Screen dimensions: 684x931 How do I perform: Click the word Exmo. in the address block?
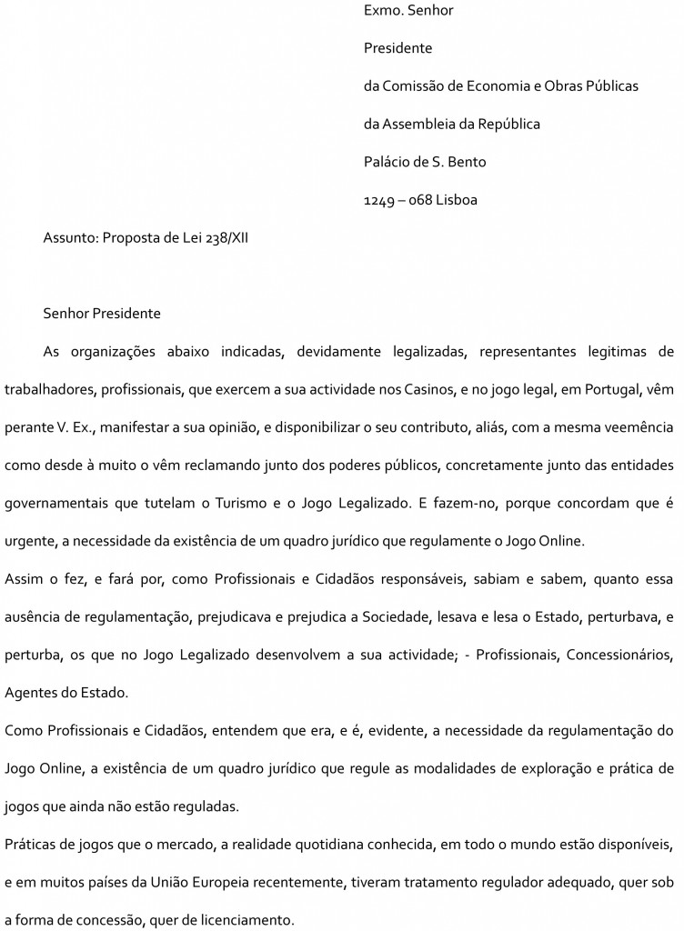382,11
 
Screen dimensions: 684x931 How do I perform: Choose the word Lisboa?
456,200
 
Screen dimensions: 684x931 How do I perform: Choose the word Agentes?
30,694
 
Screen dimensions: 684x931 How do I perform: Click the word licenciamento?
245,920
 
